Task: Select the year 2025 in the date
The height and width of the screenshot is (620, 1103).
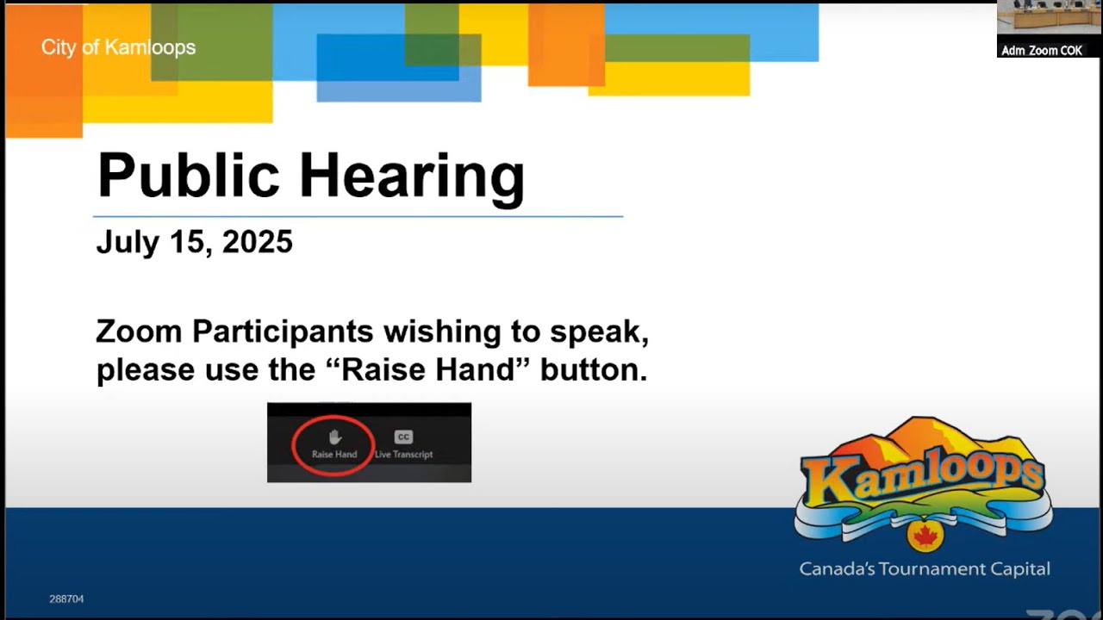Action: [x=257, y=243]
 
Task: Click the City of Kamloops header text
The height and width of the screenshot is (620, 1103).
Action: [x=118, y=47]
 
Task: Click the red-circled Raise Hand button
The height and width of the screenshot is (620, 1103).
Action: [x=333, y=444]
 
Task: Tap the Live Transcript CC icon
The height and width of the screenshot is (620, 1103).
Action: [x=403, y=437]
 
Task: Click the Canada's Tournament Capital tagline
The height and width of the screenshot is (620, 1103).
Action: [x=924, y=569]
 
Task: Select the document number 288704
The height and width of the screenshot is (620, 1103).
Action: [x=66, y=599]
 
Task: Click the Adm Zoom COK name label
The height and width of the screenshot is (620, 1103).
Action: [x=1041, y=51]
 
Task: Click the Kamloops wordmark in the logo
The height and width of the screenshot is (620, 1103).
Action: [x=922, y=479]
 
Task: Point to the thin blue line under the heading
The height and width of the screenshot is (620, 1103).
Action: [x=358, y=216]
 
